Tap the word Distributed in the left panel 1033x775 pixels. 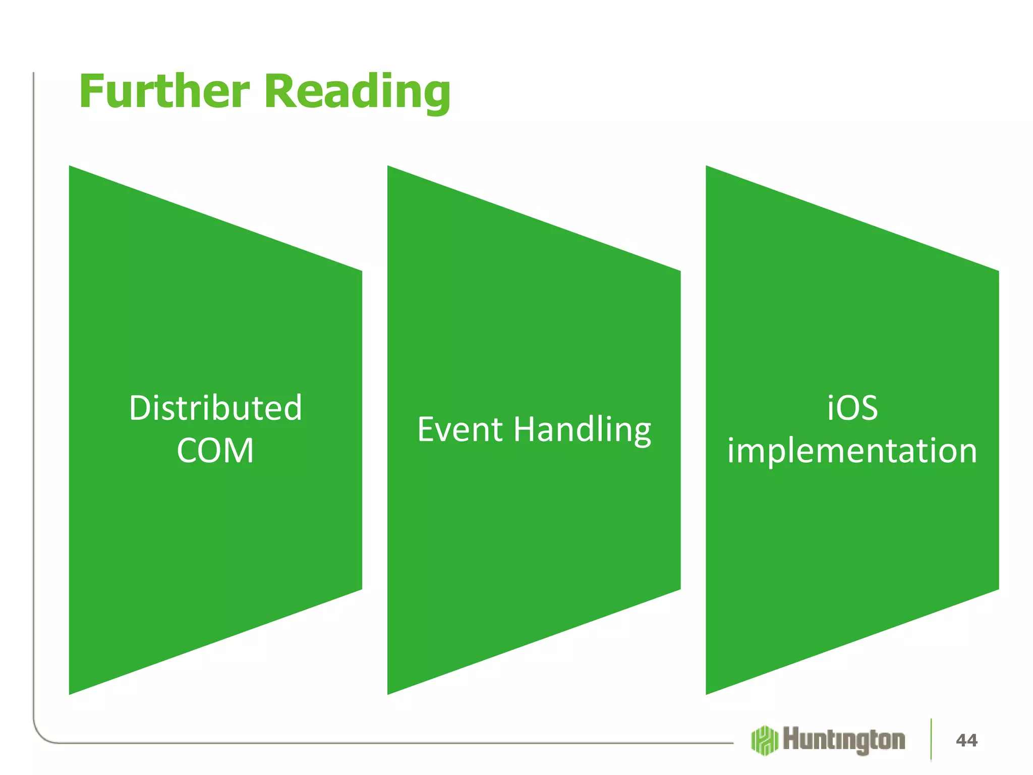coord(215,408)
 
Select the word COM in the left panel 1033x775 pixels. coord(215,450)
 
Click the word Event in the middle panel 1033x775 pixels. coord(460,429)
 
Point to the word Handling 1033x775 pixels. coord(583,430)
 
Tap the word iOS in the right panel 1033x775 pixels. coord(852,408)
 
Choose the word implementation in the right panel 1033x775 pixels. coord(852,451)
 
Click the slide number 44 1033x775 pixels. coord(966,740)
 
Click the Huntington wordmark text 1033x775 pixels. coord(844,740)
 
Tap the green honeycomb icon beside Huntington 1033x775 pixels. coord(764,740)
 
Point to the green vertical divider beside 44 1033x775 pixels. coord(931,739)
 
